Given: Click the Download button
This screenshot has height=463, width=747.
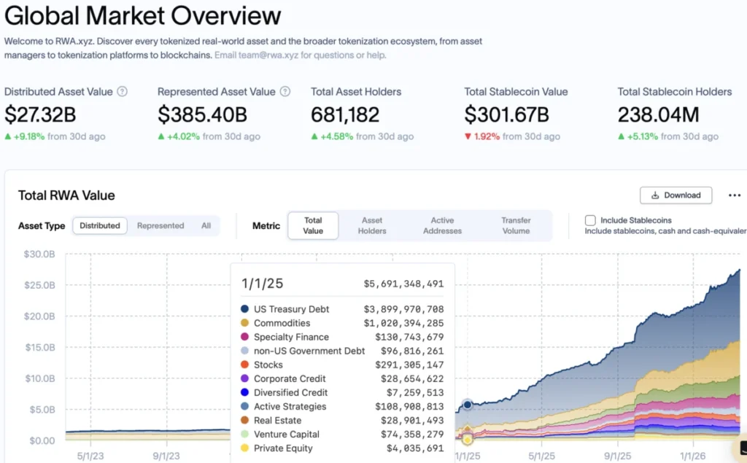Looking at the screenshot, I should [676, 195].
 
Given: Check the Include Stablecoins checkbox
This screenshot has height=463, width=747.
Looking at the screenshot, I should [590, 220].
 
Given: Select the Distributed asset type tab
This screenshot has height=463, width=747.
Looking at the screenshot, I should [100, 226].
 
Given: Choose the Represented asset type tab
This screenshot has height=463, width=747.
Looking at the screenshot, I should [160, 226].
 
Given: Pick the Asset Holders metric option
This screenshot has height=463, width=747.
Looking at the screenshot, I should [372, 225].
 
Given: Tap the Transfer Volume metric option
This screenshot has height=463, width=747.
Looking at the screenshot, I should [516, 225].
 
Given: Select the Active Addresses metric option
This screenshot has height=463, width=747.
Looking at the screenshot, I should [442, 225].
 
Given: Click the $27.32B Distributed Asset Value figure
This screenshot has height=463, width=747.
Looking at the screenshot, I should [40, 115].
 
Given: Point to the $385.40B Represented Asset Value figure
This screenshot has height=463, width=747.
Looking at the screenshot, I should [202, 115].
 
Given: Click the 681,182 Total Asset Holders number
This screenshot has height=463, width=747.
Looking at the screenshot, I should [345, 115].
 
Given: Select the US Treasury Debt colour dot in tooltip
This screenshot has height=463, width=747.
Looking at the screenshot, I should [244, 309].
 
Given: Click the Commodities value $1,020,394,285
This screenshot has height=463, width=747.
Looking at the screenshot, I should [403, 323].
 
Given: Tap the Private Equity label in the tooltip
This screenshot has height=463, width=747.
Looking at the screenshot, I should [283, 448].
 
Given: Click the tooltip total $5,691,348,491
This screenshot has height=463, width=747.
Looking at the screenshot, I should [403, 284].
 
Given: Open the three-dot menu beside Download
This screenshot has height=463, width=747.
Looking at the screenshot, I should [735, 195].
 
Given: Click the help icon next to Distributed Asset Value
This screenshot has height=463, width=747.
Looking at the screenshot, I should [123, 92].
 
